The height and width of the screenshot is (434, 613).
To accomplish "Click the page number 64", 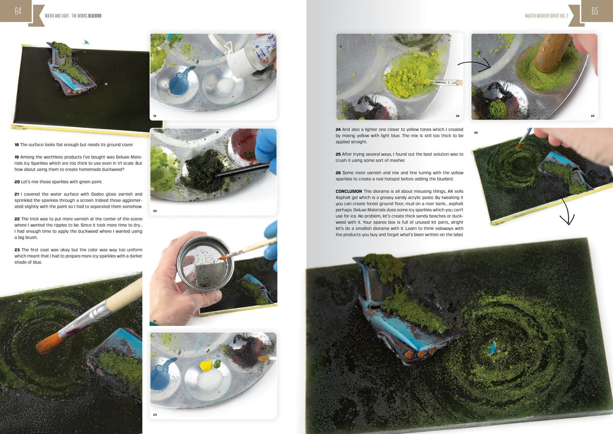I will (x=18, y=11).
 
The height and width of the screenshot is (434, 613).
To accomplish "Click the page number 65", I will (x=594, y=11).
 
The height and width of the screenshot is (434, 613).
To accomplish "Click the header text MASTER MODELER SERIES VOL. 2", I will (x=546, y=16).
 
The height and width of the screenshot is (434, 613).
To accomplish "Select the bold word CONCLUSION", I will (x=348, y=191).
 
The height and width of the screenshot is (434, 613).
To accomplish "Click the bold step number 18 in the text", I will (x=17, y=145).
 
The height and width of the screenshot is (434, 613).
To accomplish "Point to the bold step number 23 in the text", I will (x=17, y=249).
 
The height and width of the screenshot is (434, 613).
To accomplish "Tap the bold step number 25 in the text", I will (x=338, y=154).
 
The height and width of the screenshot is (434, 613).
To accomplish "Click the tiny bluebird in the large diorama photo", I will (x=491, y=347).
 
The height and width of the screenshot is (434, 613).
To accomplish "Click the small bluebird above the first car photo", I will (x=86, y=42).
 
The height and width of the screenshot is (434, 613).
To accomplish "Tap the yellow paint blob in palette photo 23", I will (x=206, y=365).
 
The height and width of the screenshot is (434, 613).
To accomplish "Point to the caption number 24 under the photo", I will (x=457, y=116).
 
